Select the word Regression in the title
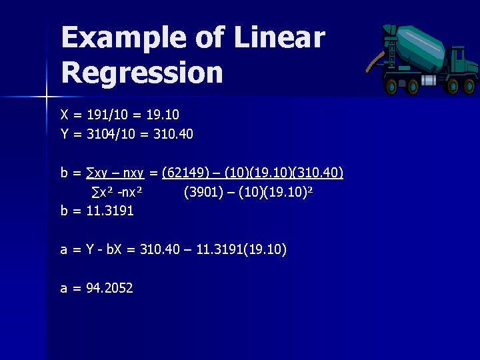[x=142, y=72]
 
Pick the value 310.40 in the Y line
[x=173, y=134]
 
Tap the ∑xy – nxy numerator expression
[x=117, y=174]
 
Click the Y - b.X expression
[x=103, y=250]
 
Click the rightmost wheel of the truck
[x=471, y=87]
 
